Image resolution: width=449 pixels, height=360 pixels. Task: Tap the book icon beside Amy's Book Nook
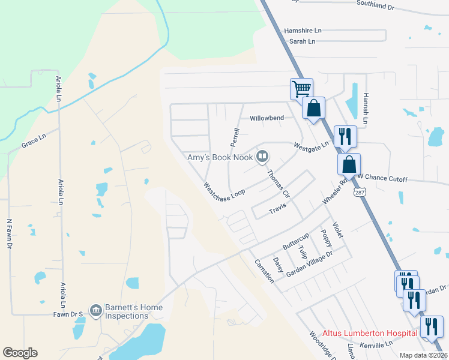click(262, 157)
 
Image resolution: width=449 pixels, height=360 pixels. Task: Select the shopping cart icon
click(301, 89)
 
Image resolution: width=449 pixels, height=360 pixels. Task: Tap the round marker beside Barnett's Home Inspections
click(95, 310)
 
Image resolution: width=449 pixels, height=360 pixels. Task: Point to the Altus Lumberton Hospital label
click(370, 333)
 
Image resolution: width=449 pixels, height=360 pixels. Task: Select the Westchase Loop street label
click(224, 193)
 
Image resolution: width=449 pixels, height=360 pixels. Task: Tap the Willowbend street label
click(267, 118)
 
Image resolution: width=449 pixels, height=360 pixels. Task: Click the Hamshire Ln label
click(303, 30)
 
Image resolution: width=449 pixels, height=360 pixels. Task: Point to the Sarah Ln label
click(302, 41)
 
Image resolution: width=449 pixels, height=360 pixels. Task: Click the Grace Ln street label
click(34, 142)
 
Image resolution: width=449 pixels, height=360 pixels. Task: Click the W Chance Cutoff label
click(384, 179)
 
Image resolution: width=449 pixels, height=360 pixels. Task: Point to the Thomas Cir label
click(278, 184)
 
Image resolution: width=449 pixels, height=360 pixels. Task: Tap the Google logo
click(20, 353)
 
